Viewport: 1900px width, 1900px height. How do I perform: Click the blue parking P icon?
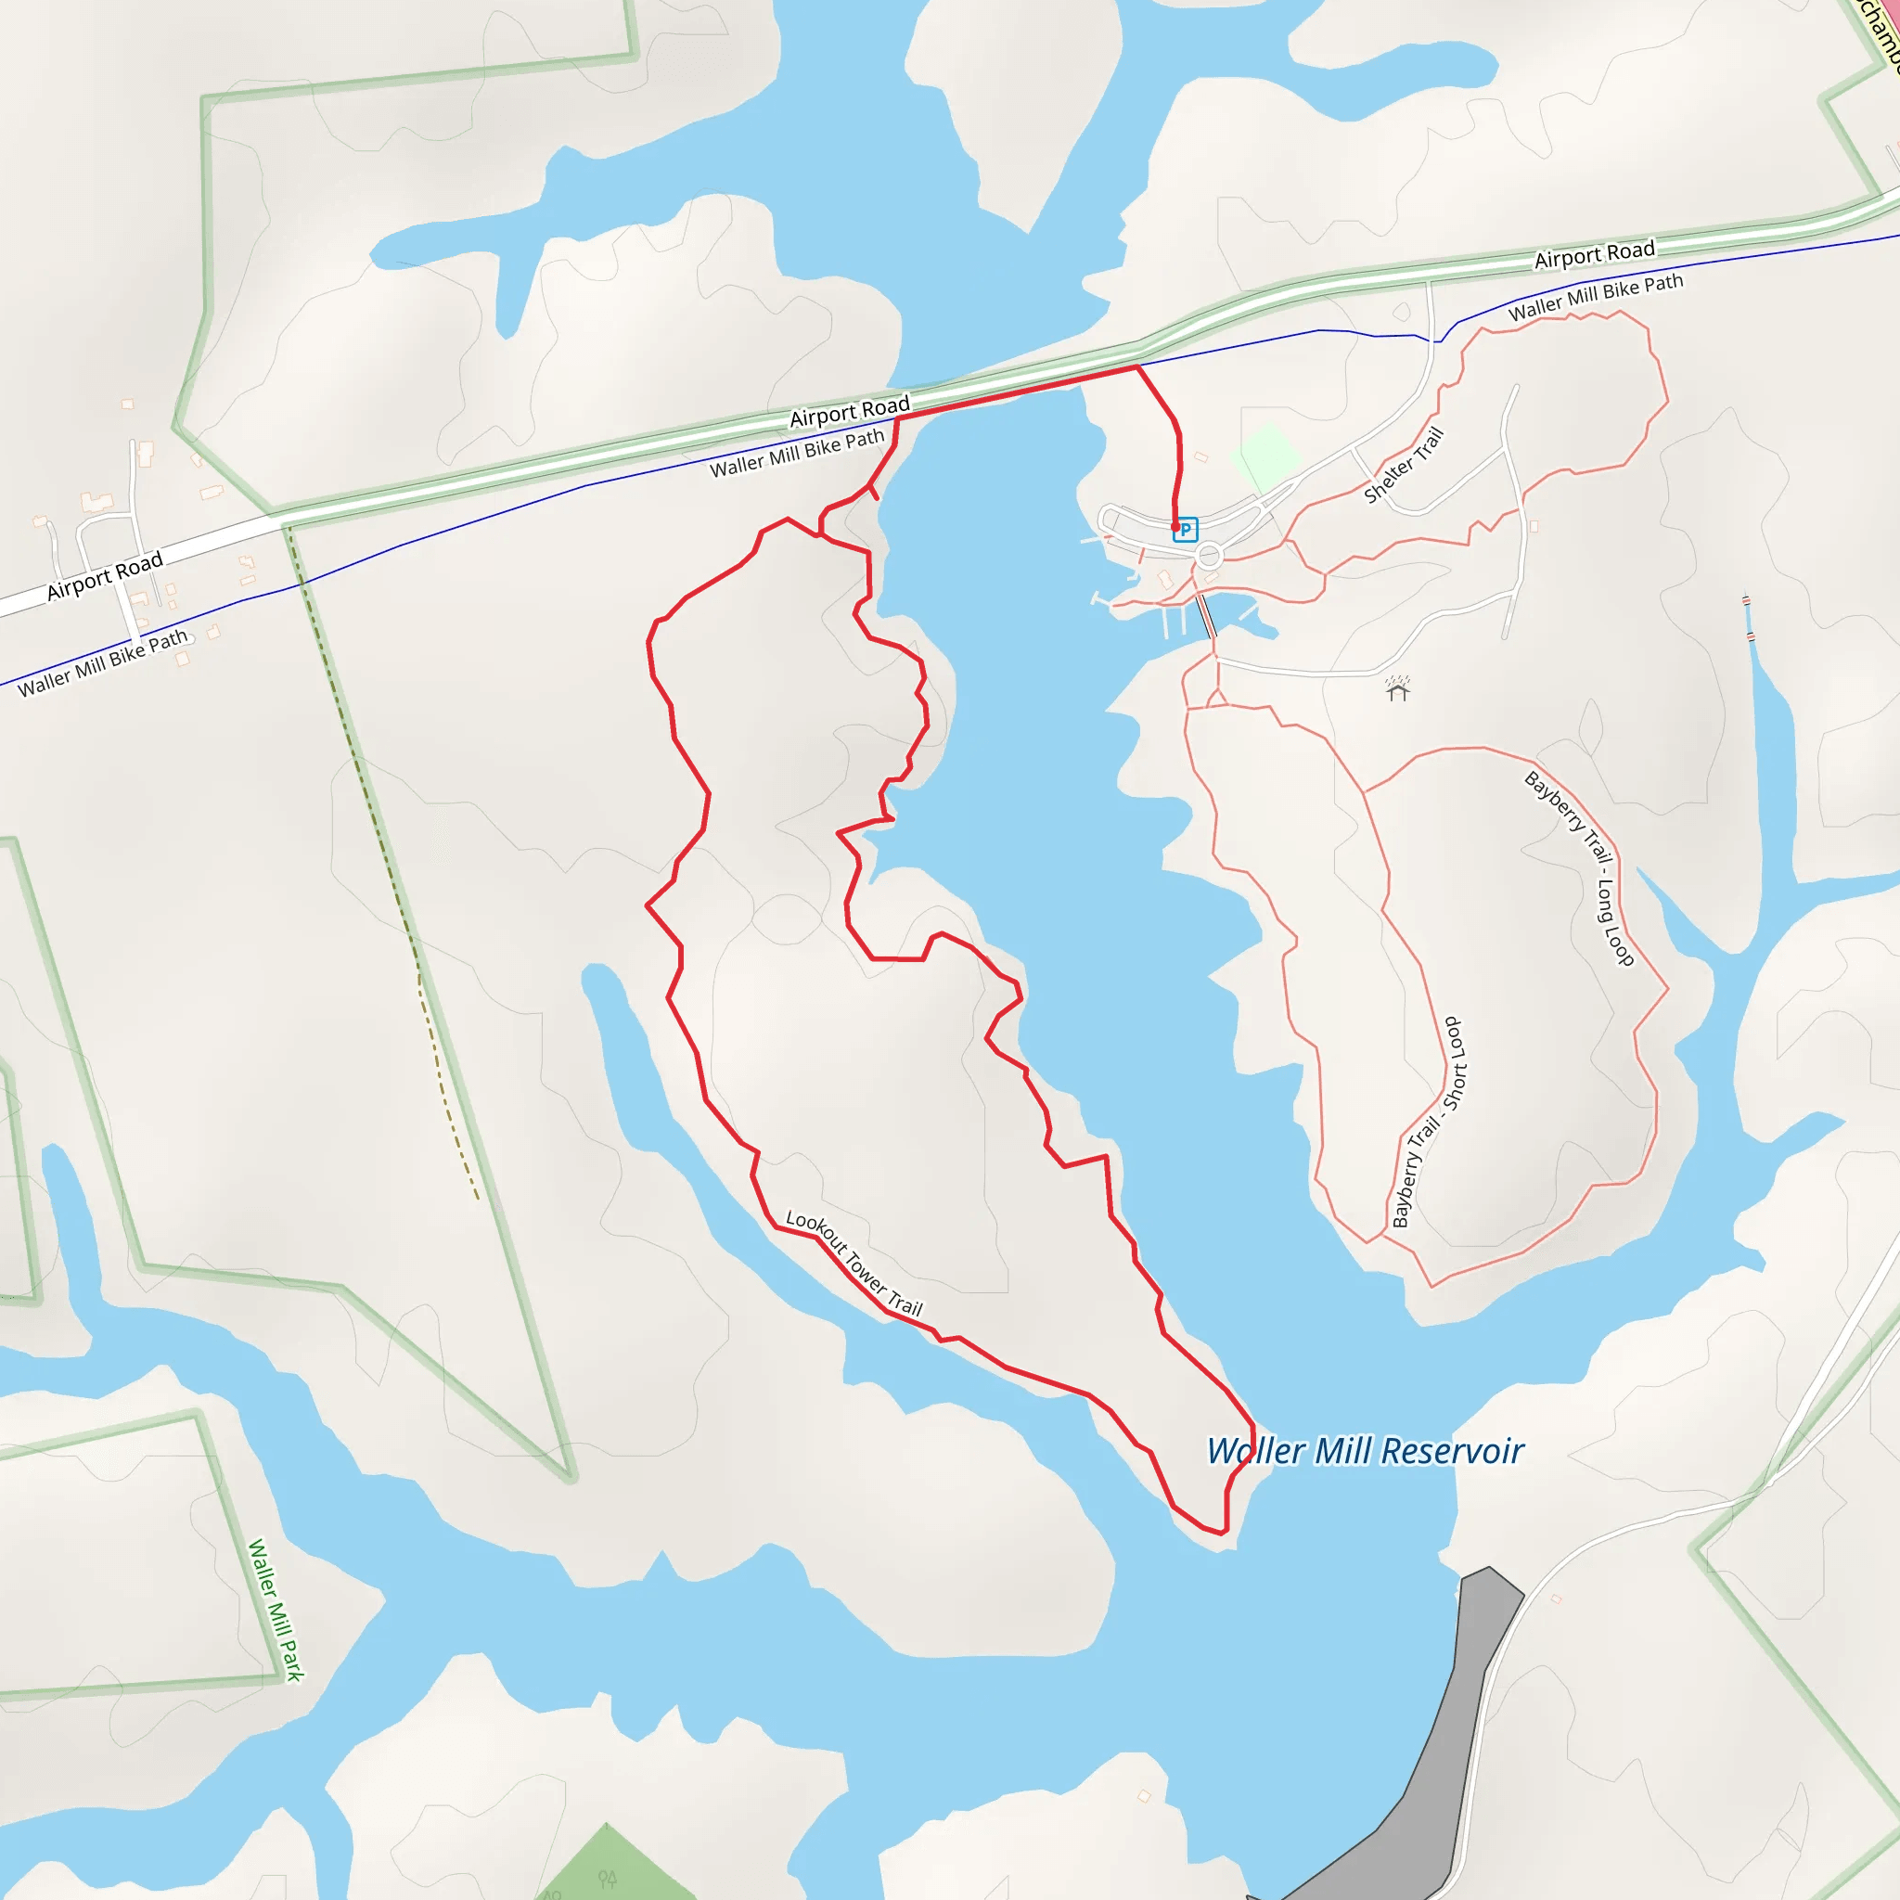point(1186,529)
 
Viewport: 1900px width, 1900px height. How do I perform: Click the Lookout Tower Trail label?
point(854,1264)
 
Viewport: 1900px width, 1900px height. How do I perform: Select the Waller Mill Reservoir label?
point(1365,1452)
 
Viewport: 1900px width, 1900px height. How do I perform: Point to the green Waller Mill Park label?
point(276,1610)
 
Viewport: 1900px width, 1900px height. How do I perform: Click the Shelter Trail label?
point(1404,465)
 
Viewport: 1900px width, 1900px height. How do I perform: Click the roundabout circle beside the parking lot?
point(1210,557)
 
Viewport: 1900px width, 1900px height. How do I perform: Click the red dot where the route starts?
point(1175,527)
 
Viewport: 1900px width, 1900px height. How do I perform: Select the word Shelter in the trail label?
point(1389,479)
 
